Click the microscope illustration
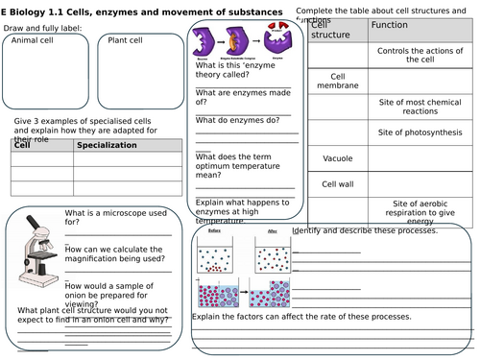click(x=37, y=247)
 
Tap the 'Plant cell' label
click(x=126, y=40)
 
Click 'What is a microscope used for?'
click(x=106, y=217)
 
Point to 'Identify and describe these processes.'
click(x=365, y=230)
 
